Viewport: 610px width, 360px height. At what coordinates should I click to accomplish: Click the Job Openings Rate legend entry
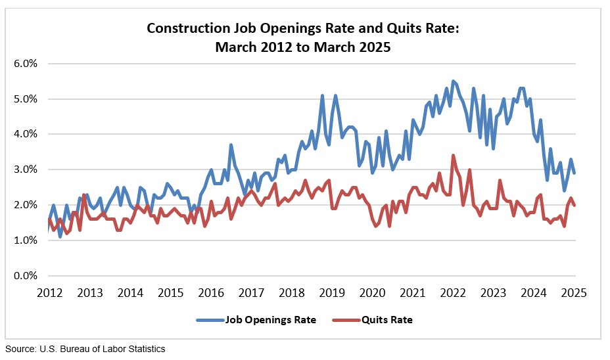point(270,320)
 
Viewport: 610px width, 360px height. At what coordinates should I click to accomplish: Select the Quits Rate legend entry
point(387,320)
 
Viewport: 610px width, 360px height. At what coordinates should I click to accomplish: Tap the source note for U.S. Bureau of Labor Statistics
point(85,349)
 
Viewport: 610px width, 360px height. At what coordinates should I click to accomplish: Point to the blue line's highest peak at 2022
point(453,81)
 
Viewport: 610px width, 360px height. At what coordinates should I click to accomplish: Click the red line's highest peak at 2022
point(453,156)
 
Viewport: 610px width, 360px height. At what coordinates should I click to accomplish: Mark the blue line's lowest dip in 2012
point(60,236)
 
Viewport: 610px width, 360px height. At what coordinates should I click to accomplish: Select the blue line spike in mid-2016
point(231,145)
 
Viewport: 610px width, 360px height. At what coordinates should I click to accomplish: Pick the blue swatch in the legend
point(210,320)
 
